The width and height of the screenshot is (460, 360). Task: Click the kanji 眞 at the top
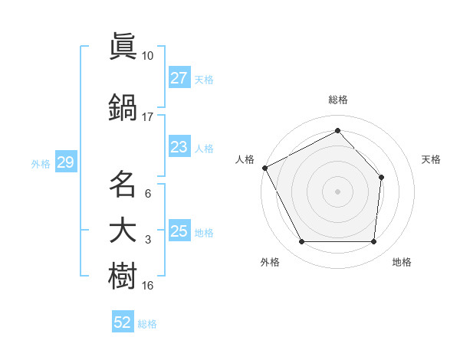click(x=123, y=47)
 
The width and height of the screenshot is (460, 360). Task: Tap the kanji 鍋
click(x=123, y=106)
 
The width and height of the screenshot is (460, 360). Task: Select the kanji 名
click(x=123, y=184)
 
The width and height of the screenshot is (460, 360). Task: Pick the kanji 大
click(x=123, y=231)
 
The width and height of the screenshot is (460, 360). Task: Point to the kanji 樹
click(x=123, y=277)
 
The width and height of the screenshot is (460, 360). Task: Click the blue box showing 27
click(x=179, y=78)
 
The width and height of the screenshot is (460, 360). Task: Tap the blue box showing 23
click(x=179, y=147)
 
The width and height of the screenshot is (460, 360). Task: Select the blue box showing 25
click(x=179, y=231)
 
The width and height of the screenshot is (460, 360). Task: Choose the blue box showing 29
click(x=65, y=163)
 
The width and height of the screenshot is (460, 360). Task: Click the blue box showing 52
click(x=123, y=322)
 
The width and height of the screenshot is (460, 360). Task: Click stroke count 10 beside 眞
click(x=147, y=56)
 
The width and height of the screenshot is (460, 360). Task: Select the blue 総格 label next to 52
click(x=147, y=324)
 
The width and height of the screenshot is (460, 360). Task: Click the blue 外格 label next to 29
click(x=41, y=164)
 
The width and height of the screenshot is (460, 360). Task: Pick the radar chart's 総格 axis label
click(x=337, y=100)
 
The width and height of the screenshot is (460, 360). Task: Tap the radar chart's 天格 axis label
click(x=432, y=159)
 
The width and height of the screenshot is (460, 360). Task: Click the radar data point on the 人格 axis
click(x=264, y=168)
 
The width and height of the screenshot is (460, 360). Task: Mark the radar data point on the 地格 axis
click(x=373, y=242)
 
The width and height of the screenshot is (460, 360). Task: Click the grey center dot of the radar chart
click(x=337, y=191)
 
